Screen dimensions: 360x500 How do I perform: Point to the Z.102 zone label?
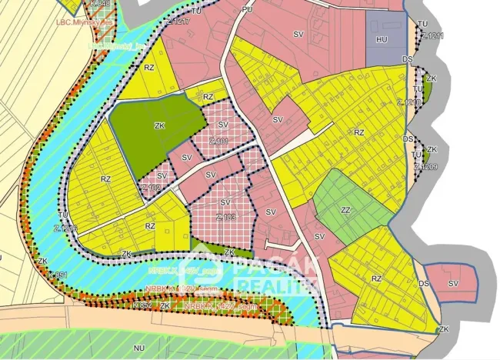(x=151, y=187)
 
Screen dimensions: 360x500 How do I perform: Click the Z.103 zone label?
(x=225, y=217)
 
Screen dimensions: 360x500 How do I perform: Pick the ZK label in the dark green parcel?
(x=160, y=125)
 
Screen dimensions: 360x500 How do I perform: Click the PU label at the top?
(x=246, y=9)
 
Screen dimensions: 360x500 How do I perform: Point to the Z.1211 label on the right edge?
(x=432, y=36)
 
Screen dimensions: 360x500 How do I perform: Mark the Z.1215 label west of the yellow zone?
(x=65, y=228)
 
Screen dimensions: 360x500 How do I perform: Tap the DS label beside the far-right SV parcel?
(x=424, y=284)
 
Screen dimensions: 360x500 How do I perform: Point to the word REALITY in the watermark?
(x=265, y=286)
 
